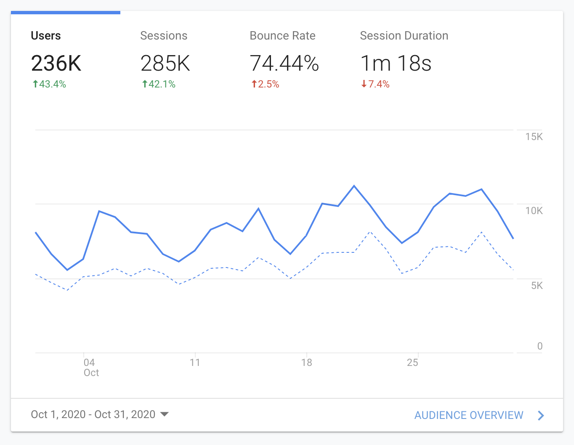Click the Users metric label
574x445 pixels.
coord(46,36)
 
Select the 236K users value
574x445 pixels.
coord(56,64)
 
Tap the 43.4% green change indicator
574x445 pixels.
coord(50,84)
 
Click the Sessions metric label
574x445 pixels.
coord(164,36)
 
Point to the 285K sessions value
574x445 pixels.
coord(165,64)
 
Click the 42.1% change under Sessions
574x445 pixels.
coord(159,84)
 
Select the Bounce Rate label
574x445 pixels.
coord(282,36)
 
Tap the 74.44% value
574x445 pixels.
coord(284,64)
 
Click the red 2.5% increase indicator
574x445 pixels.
coord(266,84)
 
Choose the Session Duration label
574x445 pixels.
coord(404,36)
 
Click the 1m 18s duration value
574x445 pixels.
coord(396,64)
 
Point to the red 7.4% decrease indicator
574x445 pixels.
coord(375,84)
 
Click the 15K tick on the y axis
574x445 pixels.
coord(534,137)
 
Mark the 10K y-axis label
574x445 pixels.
coord(534,211)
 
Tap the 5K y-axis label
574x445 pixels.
coord(537,286)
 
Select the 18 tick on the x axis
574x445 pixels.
coord(306,363)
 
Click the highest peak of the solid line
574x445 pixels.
coord(354,185)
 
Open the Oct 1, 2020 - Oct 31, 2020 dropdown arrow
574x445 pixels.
coord(165,414)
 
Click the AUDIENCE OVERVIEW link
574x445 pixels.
coord(469,415)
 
